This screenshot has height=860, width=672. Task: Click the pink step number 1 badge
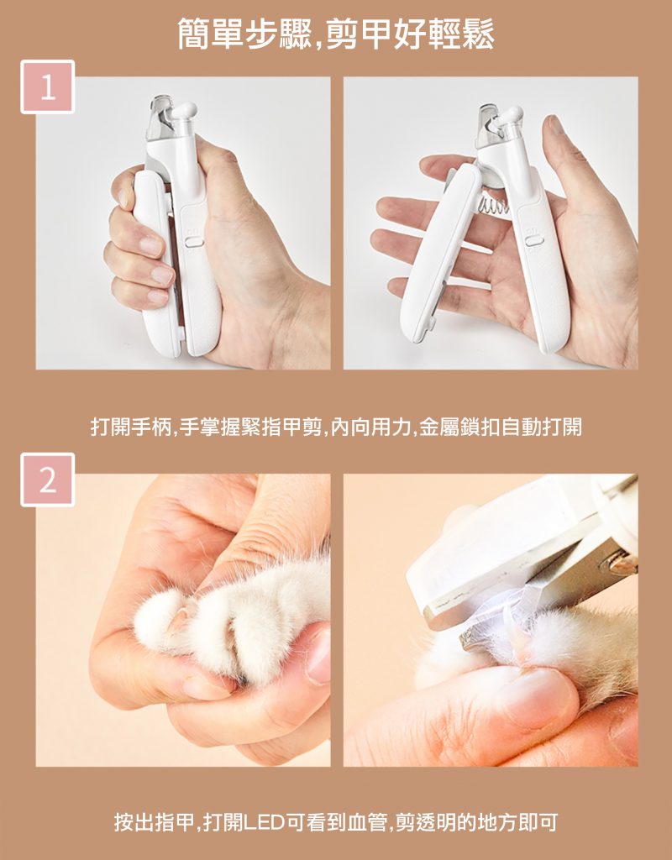click(x=48, y=87)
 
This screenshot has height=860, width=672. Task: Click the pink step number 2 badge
click(x=48, y=480)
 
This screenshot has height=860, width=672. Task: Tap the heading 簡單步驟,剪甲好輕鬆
click(x=336, y=33)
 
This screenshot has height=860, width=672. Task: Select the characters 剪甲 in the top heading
click(x=359, y=33)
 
